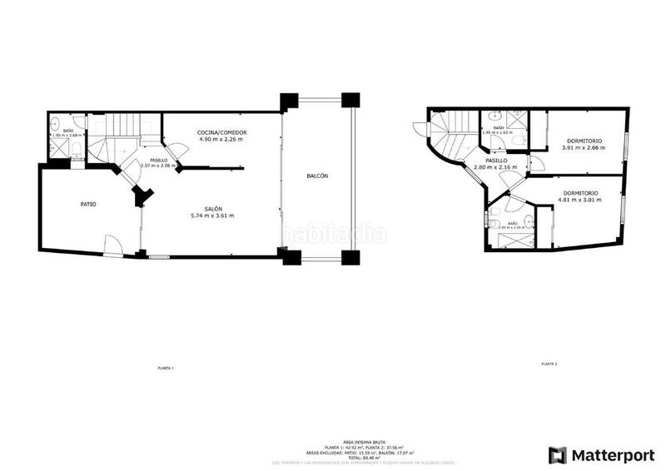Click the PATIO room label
[x=87, y=204]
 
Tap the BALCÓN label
[x=317, y=176]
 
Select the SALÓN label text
[x=214, y=208]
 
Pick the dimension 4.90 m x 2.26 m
[x=221, y=140]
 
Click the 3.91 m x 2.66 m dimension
[x=580, y=148]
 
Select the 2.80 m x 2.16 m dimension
[x=495, y=167]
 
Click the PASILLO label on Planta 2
[x=497, y=160]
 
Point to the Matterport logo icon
[x=557, y=454]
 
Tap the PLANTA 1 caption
[x=166, y=367]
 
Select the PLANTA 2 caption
[x=549, y=364]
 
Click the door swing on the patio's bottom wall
[x=112, y=246]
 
